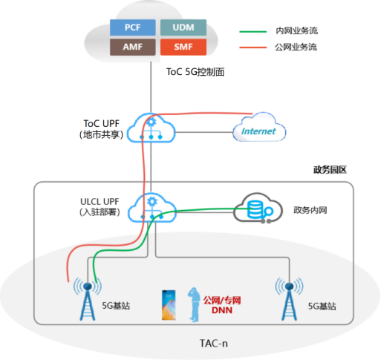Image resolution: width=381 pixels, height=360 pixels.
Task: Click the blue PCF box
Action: click(132, 27)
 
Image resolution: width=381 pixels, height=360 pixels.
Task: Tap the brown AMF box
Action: click(132, 47)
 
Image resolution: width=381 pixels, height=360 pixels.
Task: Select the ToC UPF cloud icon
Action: click(152, 128)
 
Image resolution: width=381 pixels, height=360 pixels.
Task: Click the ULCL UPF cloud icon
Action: click(152, 208)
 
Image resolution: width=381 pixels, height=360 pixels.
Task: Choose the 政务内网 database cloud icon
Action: click(255, 209)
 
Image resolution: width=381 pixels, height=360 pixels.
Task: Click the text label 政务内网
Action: click(310, 210)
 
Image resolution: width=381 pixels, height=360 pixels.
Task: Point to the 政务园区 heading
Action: click(330, 170)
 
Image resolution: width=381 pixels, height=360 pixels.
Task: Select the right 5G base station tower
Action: click(289, 298)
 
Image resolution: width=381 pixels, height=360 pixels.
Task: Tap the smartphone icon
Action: click(170, 304)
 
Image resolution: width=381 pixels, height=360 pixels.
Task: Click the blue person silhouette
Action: click(194, 303)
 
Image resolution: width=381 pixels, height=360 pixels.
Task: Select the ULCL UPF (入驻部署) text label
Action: click(98, 208)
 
